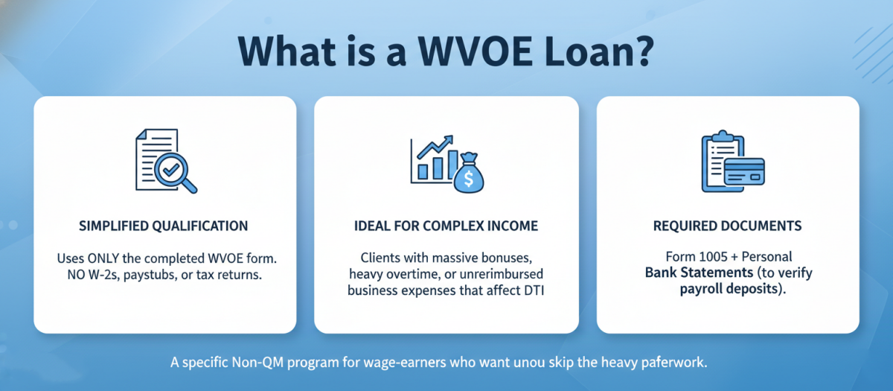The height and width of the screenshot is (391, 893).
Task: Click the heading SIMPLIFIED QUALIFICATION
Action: point(164,226)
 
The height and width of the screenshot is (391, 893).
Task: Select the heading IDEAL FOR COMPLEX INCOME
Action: point(446,226)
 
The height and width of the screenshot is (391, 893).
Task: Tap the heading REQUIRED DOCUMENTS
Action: point(727,226)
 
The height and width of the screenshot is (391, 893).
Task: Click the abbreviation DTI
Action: point(533,291)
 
